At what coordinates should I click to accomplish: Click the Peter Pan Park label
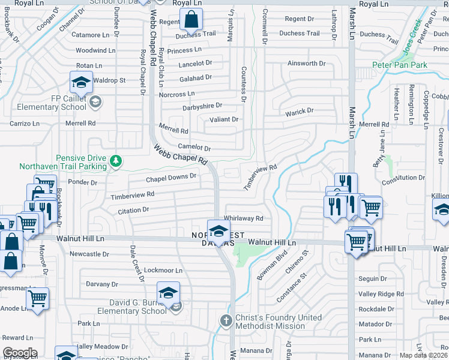(x=399, y=65)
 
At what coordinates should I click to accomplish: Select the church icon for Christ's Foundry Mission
(x=226, y=320)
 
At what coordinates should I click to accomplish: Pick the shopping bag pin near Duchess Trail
(x=190, y=20)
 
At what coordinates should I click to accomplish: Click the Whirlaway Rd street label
(x=243, y=218)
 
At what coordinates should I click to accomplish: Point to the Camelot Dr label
(x=194, y=148)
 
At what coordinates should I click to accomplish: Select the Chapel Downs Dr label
(x=171, y=178)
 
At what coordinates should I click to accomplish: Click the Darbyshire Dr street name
(x=203, y=106)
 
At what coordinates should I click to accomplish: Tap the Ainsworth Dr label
(x=306, y=63)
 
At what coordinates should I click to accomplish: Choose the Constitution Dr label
(x=403, y=178)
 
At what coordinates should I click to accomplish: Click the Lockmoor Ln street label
(x=163, y=271)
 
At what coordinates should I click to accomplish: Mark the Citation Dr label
(x=133, y=210)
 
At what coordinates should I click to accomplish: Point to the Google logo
(x=20, y=353)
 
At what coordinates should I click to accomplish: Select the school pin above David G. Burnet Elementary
(x=169, y=293)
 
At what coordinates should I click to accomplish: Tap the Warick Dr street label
(x=299, y=111)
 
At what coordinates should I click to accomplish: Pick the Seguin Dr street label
(x=373, y=278)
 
